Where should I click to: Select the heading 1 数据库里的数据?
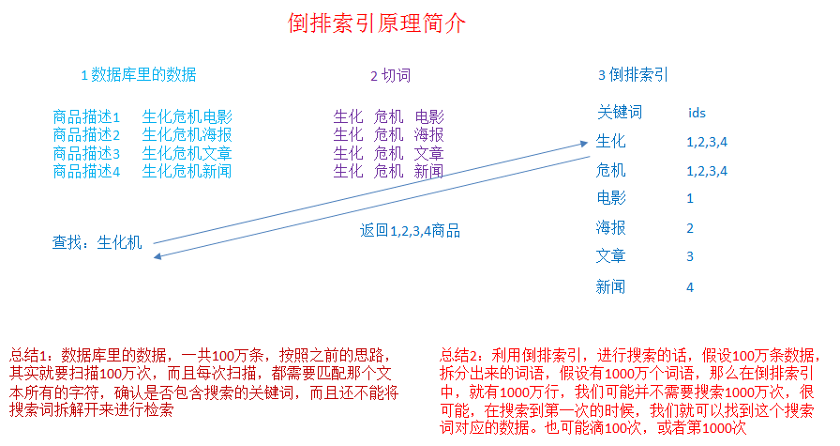coord(138,75)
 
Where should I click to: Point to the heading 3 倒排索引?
coord(633,76)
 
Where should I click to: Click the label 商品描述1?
coord(87,118)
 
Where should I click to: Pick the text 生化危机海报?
coord(187,135)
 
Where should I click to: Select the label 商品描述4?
coord(87,171)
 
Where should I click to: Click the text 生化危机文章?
coord(187,153)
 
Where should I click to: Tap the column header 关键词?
coord(620,113)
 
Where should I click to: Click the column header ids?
coord(697,114)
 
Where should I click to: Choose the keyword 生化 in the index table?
coord(610,142)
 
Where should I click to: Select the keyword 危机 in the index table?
coord(610,171)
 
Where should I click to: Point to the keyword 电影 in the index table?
coord(610,198)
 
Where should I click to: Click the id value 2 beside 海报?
coord(690,228)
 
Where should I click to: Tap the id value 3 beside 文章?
coord(690,256)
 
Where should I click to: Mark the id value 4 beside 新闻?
coord(690,287)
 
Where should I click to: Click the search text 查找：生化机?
coord(97,243)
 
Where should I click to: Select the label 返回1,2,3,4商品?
coord(410,230)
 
